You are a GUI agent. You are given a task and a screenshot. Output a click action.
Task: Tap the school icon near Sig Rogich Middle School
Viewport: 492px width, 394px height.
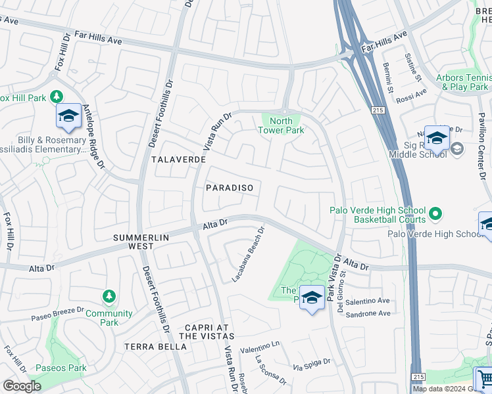click(436, 139)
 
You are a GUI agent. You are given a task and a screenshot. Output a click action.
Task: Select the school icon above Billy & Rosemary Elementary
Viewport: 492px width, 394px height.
click(68, 116)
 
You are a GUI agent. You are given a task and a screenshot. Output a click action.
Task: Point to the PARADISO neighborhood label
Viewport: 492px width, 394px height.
click(230, 188)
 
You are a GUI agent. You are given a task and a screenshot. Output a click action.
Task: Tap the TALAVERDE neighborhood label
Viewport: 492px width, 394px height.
click(178, 160)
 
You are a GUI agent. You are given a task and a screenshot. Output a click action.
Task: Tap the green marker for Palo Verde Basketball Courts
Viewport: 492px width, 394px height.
click(435, 213)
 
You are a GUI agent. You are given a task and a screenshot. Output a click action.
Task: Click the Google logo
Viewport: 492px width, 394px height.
click(22, 386)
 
